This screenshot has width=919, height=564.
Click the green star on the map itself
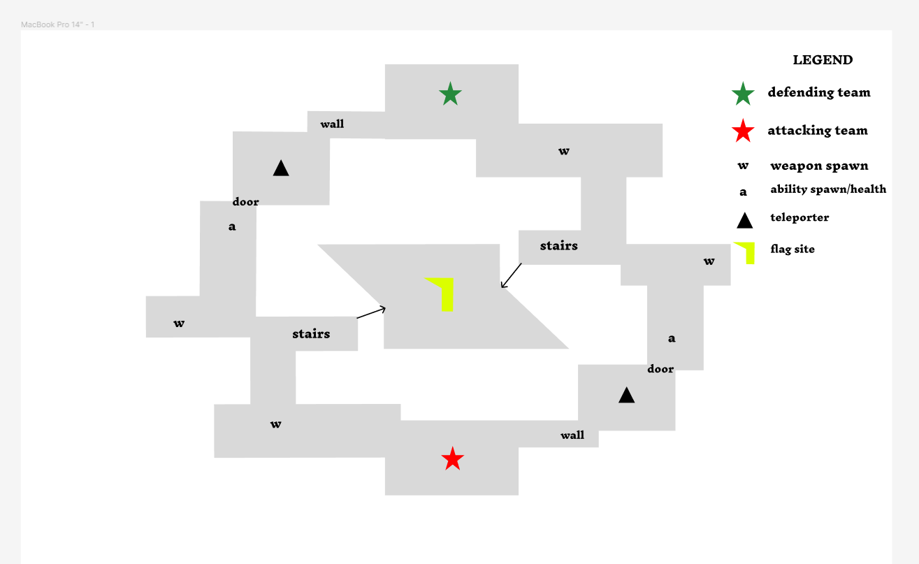click(451, 94)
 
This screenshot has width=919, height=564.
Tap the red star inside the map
click(453, 459)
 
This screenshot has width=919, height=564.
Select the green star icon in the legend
click(743, 93)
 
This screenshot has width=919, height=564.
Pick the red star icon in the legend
click(743, 131)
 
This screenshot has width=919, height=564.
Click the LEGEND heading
click(823, 60)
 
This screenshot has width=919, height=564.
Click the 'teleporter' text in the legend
click(799, 217)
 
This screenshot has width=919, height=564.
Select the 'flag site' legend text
click(793, 249)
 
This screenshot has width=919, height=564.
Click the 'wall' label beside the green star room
click(332, 124)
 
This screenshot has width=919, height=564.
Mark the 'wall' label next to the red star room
click(572, 435)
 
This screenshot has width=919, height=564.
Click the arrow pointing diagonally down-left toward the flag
click(512, 275)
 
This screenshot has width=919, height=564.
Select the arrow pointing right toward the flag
click(371, 312)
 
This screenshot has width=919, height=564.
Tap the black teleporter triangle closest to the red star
click(627, 396)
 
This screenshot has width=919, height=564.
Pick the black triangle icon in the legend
click(745, 221)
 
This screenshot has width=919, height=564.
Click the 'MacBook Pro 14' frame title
click(58, 24)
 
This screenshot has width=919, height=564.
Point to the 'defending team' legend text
click(819, 92)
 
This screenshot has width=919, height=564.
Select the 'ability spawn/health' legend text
click(828, 189)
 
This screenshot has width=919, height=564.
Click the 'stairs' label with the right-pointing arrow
click(311, 334)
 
